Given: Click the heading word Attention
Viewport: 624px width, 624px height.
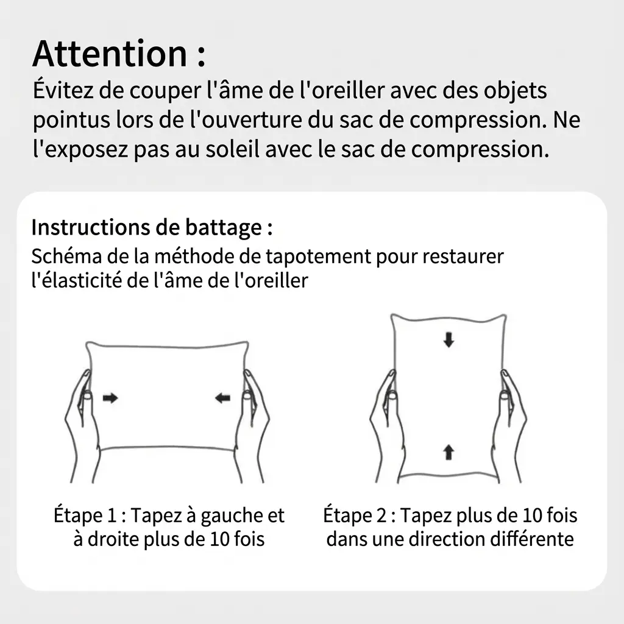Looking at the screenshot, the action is coord(110,54).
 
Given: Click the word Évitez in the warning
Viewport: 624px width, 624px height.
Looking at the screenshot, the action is coord(63,90).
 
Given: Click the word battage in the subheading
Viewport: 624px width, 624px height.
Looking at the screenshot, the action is coord(223,228).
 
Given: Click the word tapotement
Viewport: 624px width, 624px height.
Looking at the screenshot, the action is coord(318,257).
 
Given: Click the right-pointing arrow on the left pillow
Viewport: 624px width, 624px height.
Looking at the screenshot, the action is coord(110,397).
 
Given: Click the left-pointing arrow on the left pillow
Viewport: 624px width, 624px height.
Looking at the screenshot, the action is coord(222,397).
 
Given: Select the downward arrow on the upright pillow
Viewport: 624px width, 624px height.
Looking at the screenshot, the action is coord(449,340).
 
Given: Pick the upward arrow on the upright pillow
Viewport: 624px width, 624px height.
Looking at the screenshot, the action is coord(449,452).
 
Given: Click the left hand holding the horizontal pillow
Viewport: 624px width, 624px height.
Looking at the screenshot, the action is coord(82,426).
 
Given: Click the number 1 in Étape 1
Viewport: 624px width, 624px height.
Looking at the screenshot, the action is coord(112,516).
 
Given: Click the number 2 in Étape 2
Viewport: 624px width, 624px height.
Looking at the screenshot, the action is coord(381,516).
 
